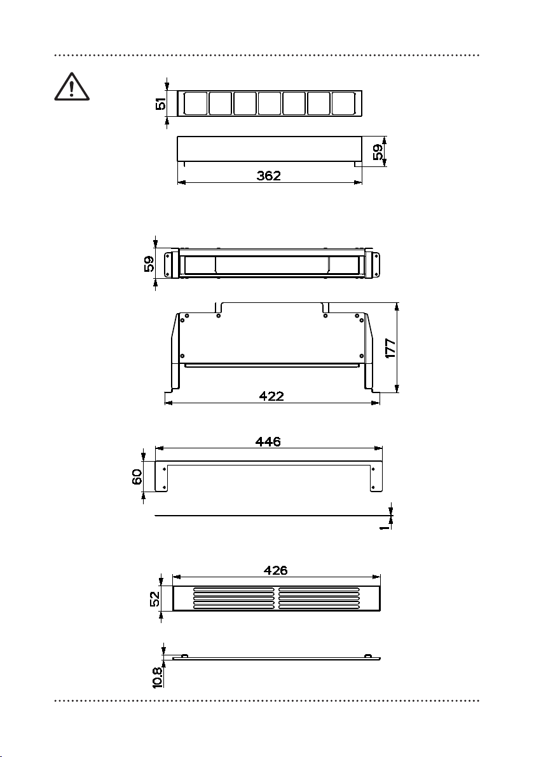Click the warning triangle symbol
pos(72,87)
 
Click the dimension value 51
pos(160,104)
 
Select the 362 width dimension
pos(269,175)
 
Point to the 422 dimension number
pos(271,396)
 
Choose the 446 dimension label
pos(268,441)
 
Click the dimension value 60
pos(137,477)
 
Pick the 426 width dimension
pos(275,570)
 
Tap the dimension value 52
pos(154,599)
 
